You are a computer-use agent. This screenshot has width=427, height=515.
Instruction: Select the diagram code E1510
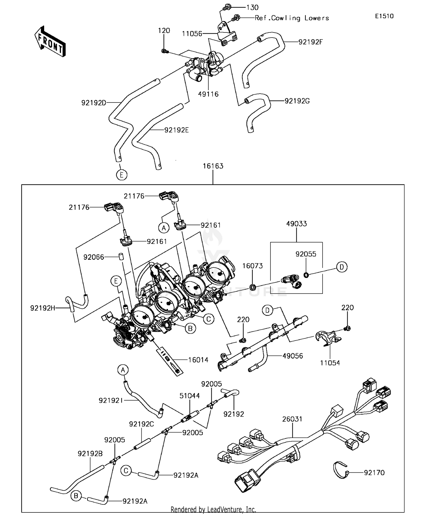click(384, 16)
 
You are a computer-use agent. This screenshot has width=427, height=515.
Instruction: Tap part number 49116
click(208, 94)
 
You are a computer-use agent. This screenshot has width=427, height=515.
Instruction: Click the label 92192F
click(311, 42)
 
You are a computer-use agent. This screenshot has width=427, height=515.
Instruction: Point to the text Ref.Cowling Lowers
click(291, 18)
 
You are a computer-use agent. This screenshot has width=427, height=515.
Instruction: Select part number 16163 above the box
click(213, 166)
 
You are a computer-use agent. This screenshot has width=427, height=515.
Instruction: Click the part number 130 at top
click(252, 7)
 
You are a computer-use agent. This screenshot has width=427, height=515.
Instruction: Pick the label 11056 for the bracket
click(192, 34)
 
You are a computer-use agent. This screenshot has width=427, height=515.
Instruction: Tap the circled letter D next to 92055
click(342, 267)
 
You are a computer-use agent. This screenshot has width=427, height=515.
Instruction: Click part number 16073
click(252, 266)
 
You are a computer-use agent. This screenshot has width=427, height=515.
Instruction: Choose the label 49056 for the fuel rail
click(293, 356)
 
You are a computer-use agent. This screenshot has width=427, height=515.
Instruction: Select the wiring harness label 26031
click(292, 419)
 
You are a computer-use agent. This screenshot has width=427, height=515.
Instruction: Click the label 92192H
click(43, 308)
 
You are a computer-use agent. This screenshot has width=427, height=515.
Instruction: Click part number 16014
click(198, 360)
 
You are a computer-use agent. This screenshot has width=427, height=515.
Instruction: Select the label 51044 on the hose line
click(190, 396)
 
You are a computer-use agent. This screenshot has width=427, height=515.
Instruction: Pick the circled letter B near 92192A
click(76, 496)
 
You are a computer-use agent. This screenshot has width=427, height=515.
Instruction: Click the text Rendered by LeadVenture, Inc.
click(213, 509)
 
